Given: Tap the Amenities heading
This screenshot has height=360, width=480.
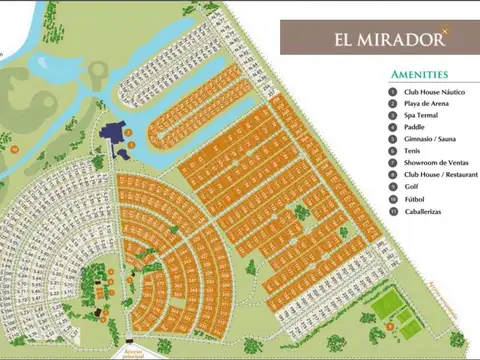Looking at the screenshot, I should (x=419, y=75).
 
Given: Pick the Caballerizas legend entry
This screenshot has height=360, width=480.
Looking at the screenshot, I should (x=426, y=211).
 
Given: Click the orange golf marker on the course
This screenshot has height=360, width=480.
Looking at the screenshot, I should (x=15, y=148).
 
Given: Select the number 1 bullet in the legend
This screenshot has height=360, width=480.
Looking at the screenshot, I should (x=393, y=91).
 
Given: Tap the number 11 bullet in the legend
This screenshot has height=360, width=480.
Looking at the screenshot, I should (x=393, y=211).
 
